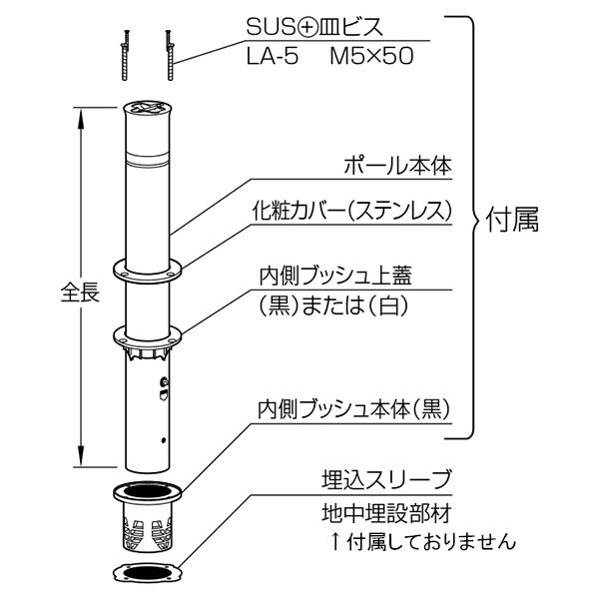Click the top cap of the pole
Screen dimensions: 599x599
coord(147,108)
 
